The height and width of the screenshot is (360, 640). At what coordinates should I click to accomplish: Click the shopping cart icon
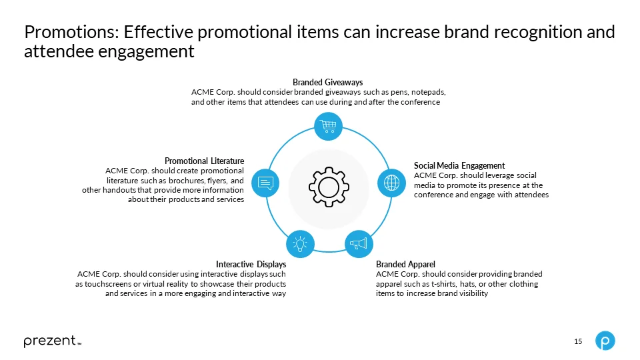329,125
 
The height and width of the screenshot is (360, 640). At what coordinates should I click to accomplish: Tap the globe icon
391,183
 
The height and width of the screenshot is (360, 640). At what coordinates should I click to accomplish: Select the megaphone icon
359,243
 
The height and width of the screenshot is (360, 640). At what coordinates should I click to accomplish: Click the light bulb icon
300,243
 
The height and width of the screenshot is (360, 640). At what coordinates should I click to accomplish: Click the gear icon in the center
329,184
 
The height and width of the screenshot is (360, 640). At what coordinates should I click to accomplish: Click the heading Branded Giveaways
327,82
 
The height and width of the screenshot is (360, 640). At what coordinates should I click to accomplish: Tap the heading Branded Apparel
405,265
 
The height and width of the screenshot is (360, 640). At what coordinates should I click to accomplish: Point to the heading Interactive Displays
251,265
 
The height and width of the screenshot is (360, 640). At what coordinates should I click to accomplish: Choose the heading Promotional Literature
204,161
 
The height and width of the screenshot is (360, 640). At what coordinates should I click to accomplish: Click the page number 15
578,342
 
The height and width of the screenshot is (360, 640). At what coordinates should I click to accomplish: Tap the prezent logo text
50,341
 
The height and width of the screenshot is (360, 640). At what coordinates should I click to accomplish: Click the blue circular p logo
605,341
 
